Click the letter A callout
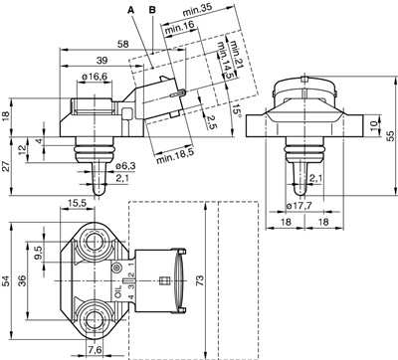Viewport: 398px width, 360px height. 129,9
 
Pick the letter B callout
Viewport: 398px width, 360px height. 151,9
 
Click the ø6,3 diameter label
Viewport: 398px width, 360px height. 123,165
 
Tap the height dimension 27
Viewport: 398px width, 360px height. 7,167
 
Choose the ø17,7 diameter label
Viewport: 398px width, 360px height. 300,206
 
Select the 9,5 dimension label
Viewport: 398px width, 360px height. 39,250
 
